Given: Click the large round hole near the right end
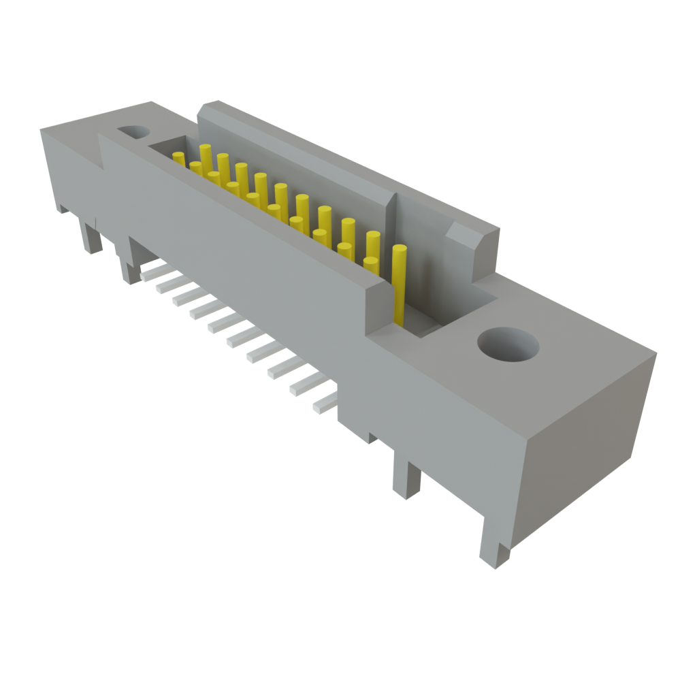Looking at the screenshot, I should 508,344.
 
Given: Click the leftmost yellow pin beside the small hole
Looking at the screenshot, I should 179,159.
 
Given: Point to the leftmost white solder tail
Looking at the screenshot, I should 151,272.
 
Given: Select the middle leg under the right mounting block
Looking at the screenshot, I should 406,476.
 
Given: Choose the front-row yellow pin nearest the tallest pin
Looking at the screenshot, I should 370,265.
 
